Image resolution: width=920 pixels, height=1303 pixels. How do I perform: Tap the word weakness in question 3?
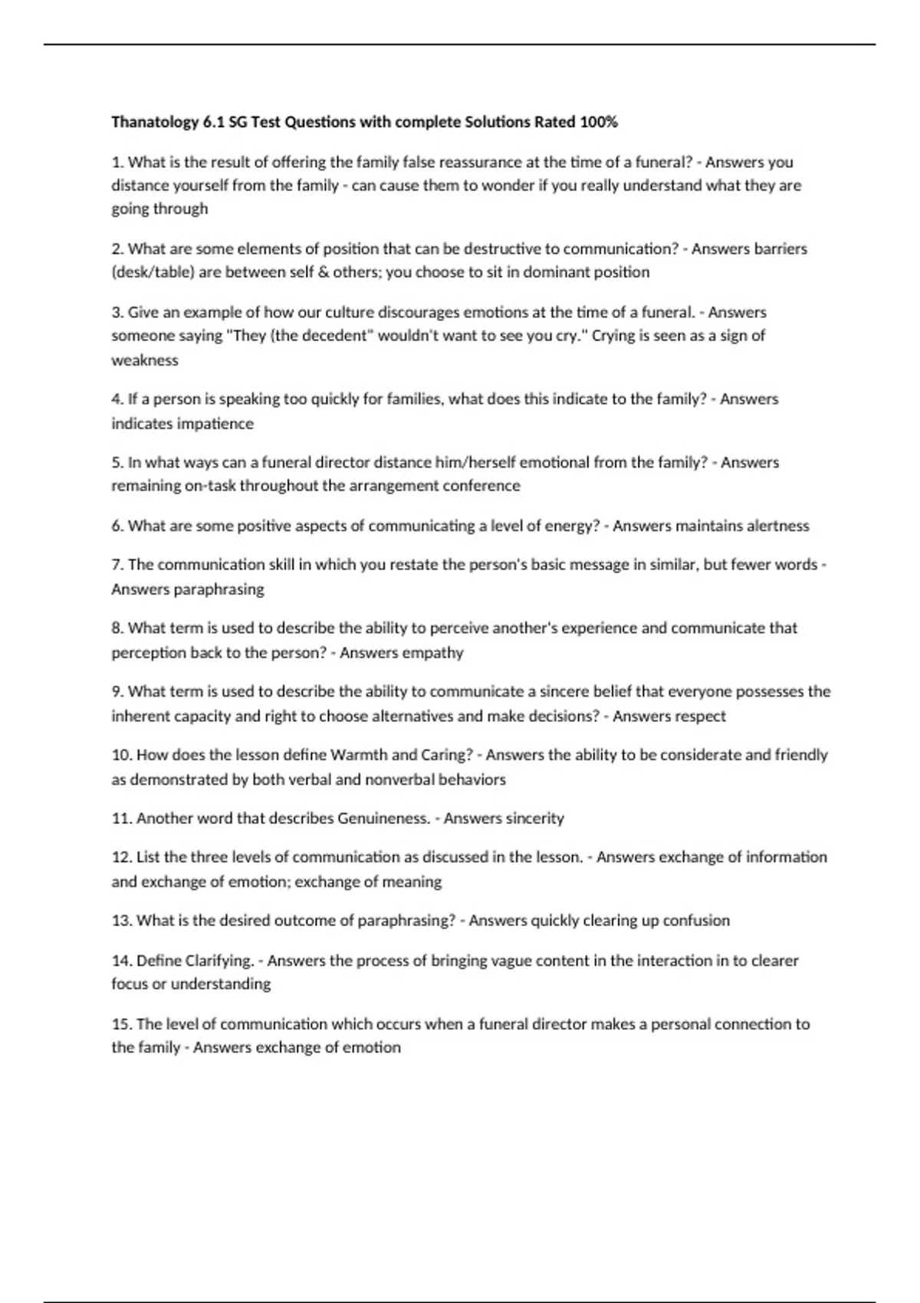click(145, 360)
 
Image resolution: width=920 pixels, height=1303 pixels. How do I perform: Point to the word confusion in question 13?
click(696, 921)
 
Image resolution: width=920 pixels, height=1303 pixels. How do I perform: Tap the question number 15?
click(121, 1025)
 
